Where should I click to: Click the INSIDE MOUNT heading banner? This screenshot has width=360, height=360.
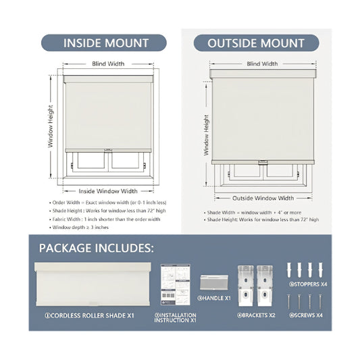[105, 43]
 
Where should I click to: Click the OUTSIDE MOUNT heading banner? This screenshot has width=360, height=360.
[256, 43]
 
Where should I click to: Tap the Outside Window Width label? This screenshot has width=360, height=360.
[263, 198]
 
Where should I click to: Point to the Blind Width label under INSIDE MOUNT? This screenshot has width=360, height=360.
[107, 63]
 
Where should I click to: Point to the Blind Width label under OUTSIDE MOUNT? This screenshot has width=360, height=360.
[262, 63]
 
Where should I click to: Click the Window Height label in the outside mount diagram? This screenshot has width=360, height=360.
[206, 134]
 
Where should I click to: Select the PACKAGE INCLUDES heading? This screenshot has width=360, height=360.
[96, 248]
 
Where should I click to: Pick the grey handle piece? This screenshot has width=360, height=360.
[214, 284]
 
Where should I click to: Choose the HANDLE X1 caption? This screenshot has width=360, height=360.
[214, 298]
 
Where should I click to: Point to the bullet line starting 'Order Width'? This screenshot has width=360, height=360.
[108, 202]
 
